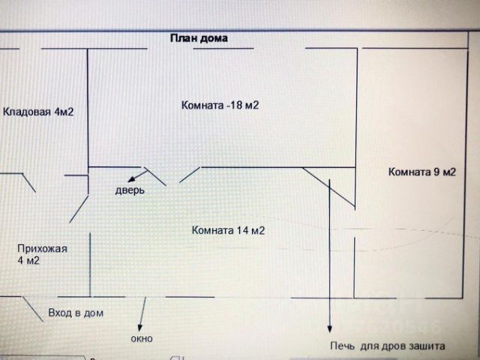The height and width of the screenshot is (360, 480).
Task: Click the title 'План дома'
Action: pos(198,37)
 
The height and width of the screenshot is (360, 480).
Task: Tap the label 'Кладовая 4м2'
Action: pos(38,112)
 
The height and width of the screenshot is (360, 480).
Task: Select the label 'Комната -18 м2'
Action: pos(220,106)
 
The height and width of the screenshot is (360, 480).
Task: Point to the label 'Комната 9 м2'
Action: pos(421,172)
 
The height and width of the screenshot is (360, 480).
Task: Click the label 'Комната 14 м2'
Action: pos(228,230)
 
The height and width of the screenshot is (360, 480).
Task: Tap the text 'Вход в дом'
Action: pos(76,312)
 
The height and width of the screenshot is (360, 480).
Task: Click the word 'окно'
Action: pos(141,338)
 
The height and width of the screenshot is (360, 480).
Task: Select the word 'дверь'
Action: pos(130,190)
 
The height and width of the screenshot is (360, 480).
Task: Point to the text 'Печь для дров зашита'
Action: pos(387,346)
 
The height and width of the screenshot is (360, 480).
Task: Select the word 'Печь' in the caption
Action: pos(341,346)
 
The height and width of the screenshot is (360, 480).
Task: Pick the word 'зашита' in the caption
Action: pos(427,346)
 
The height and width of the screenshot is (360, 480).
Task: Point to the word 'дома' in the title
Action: pos(213,37)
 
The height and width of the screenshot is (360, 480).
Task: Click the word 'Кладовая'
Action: pos(27,112)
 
